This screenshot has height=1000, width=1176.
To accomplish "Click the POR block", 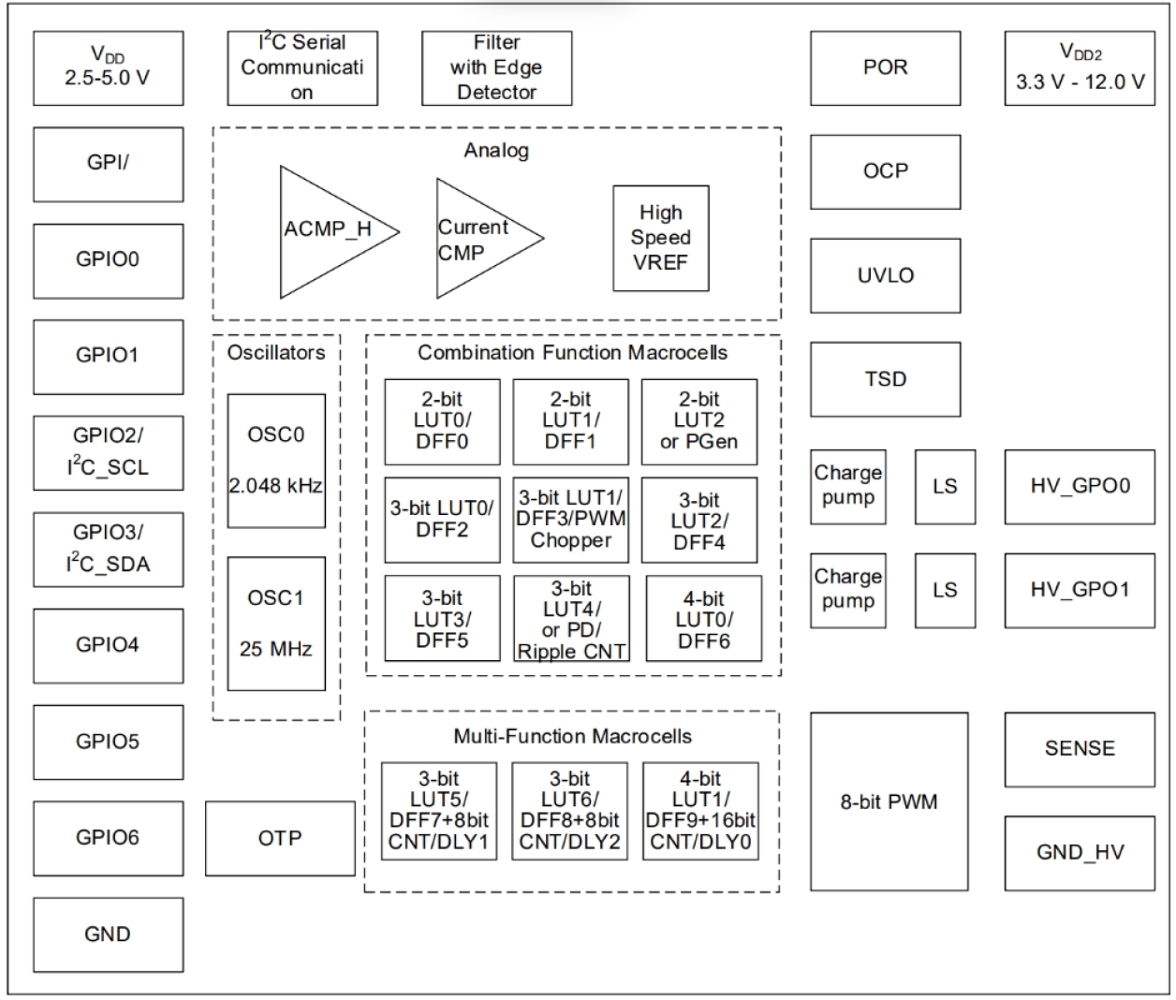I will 885,67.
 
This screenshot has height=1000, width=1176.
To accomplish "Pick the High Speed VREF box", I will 660,238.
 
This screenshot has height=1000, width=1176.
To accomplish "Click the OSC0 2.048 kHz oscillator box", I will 276,460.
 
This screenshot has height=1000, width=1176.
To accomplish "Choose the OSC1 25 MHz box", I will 276,623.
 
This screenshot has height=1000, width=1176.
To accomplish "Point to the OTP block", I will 280,838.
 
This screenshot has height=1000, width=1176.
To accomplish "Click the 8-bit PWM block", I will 889,801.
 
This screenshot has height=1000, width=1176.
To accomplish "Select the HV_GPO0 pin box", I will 1080,486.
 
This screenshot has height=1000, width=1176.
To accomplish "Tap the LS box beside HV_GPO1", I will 945,590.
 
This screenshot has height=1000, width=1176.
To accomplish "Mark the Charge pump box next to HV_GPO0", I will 847,486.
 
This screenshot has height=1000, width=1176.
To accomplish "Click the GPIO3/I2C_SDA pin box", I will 108,549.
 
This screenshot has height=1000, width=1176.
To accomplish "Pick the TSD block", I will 885,379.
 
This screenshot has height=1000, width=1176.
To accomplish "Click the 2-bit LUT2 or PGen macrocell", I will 698,421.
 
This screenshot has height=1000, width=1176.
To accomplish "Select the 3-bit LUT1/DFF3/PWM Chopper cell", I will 570,519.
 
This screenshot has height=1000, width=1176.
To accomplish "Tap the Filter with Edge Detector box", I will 496,67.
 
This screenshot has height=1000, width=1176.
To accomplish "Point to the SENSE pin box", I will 1080,749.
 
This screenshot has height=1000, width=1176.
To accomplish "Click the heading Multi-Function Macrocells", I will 572,736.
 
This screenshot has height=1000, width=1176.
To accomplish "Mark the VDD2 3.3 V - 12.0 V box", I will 1080,67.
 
